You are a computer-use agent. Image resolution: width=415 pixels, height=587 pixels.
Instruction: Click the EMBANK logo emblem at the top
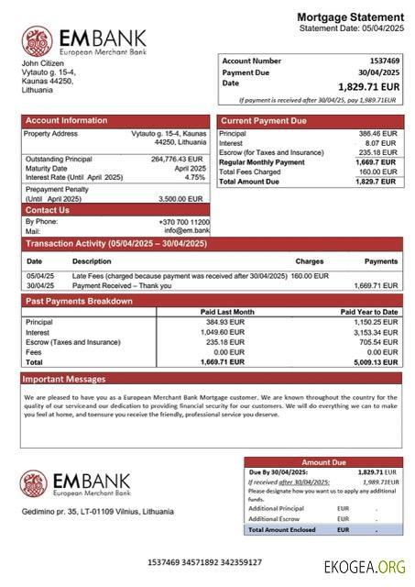(x=38, y=41)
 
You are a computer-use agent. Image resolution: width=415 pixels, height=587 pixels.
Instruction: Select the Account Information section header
(x=66, y=121)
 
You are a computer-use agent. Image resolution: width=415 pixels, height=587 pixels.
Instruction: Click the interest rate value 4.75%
(x=196, y=177)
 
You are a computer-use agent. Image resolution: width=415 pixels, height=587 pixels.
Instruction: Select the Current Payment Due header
(x=264, y=121)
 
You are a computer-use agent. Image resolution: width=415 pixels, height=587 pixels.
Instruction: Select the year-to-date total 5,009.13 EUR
(x=375, y=362)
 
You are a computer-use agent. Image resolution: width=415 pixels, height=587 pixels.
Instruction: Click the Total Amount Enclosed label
(x=281, y=529)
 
